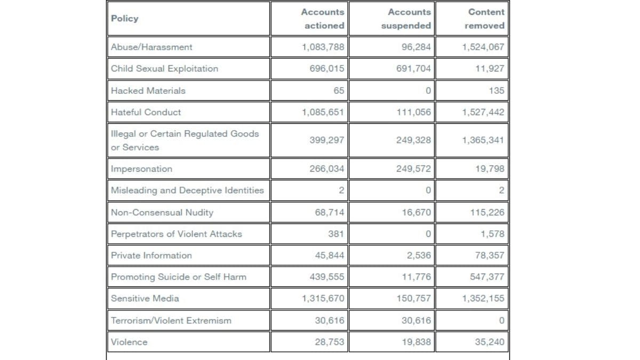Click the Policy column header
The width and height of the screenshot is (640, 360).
[x=125, y=19]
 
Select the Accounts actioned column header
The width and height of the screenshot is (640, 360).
[x=323, y=19]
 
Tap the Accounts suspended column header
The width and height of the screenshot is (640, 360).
[x=406, y=19]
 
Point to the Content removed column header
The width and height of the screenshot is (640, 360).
[x=485, y=19]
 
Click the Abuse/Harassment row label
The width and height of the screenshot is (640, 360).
[x=151, y=47]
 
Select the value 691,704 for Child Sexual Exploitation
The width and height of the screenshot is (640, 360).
[x=413, y=69]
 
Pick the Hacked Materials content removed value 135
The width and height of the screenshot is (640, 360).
[x=497, y=91]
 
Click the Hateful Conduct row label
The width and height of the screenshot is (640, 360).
[x=146, y=112]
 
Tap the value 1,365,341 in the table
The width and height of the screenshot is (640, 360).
[x=483, y=140]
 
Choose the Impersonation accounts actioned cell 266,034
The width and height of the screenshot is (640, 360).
[x=327, y=169]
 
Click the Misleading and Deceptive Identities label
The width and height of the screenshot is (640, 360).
[x=187, y=190]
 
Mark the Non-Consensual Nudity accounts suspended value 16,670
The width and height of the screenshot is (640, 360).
[x=417, y=212]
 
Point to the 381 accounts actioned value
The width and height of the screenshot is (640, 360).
[x=336, y=234]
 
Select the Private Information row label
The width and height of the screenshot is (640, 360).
[x=151, y=255]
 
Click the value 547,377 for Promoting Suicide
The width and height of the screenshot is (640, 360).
[x=487, y=277]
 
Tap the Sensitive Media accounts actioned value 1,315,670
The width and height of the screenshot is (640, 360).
[x=323, y=298]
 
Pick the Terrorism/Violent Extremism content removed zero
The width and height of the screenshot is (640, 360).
[x=501, y=321]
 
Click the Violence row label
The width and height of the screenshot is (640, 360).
[x=129, y=342]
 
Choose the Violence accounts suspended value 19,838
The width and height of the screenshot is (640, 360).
[x=417, y=342]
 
